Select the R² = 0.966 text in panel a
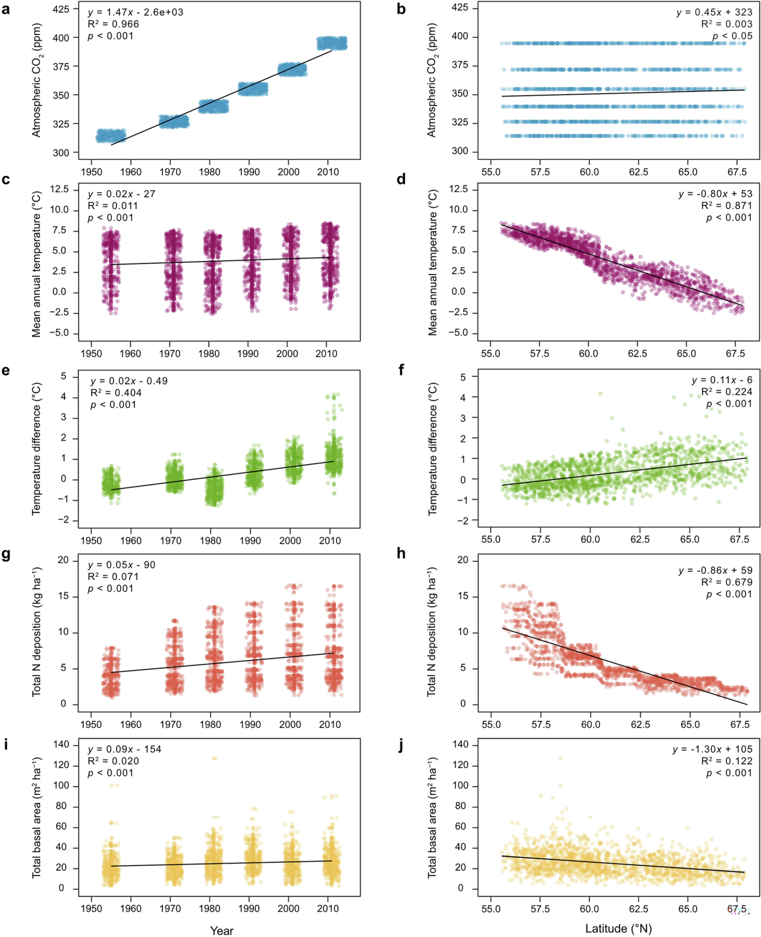[113, 24]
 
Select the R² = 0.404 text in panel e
[116, 393]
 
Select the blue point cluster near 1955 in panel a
[111, 136]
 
